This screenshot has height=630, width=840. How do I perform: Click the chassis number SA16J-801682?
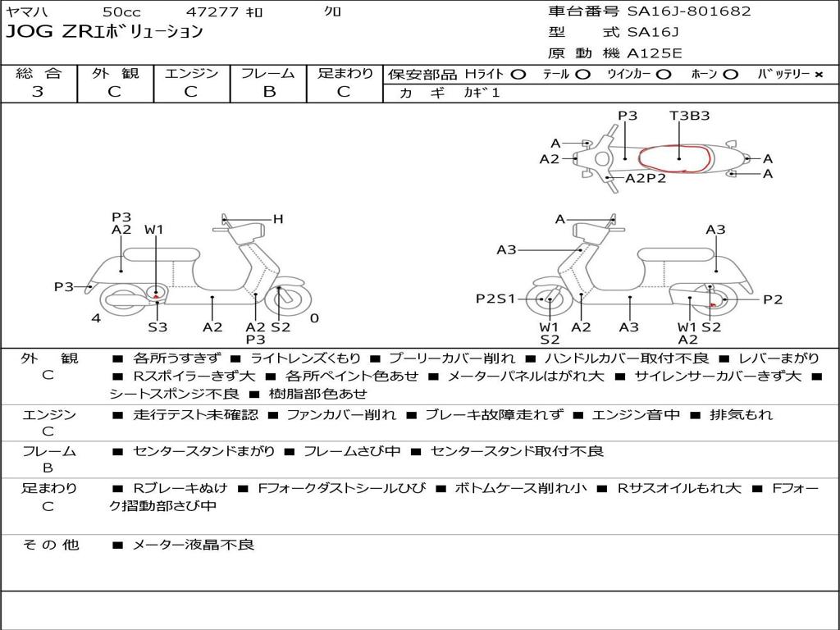pyautogui.click(x=688, y=11)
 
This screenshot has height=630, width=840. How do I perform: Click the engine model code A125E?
pyautogui.click(x=655, y=54)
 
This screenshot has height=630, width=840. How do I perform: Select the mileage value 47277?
pyautogui.click(x=212, y=12)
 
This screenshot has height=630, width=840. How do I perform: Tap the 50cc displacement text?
pyautogui.click(x=121, y=12)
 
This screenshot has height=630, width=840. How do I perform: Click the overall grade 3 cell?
pyautogui.click(x=38, y=92)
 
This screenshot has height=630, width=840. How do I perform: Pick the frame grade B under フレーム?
pyautogui.click(x=268, y=92)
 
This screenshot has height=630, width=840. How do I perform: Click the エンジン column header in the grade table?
pyautogui.click(x=191, y=74)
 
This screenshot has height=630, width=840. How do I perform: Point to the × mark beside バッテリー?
pyautogui.click(x=818, y=75)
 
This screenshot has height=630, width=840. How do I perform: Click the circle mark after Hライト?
pyautogui.click(x=518, y=75)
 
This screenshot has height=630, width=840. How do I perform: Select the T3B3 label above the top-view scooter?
pyautogui.click(x=689, y=116)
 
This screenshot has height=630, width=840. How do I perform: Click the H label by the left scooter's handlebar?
pyautogui.click(x=278, y=219)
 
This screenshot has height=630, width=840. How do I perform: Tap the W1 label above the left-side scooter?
pyautogui.click(x=154, y=230)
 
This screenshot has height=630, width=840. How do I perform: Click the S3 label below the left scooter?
pyautogui.click(x=157, y=327)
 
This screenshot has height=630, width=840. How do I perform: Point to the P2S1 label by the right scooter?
pyautogui.click(x=495, y=299)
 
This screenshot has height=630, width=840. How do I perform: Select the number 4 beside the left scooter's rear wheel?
pyautogui.click(x=96, y=317)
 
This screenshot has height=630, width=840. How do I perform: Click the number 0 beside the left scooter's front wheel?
pyautogui.click(x=314, y=317)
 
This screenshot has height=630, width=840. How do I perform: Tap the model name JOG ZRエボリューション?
pyautogui.click(x=104, y=33)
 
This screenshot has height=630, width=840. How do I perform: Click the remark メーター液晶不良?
pyautogui.click(x=194, y=544)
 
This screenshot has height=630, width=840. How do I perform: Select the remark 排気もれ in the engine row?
pyautogui.click(x=741, y=414)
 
